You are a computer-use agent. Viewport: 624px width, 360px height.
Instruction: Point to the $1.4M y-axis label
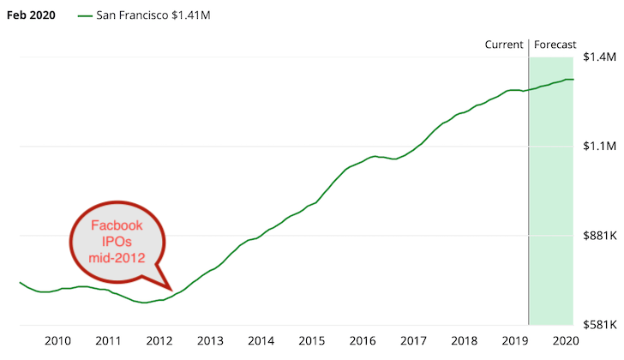click(599, 57)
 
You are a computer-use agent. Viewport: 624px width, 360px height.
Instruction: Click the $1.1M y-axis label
click(599, 147)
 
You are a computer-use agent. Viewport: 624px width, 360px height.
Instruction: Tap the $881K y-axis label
click(598, 236)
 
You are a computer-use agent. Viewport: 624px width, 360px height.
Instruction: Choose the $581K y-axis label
click(598, 325)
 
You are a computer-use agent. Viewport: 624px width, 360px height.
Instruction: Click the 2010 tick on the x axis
click(57, 340)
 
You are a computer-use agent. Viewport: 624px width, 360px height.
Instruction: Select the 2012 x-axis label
click(159, 340)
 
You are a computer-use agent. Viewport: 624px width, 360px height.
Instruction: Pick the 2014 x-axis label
click(261, 340)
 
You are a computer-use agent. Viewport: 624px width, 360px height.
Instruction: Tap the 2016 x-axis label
click(363, 340)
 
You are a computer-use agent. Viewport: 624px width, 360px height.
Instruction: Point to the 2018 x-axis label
click(465, 340)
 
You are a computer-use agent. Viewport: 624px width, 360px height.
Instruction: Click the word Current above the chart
click(504, 45)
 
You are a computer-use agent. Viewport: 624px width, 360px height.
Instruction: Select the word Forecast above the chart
click(555, 45)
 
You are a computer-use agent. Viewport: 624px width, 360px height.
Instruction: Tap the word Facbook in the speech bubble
click(119, 225)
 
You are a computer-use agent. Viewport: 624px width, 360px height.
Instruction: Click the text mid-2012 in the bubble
click(119, 256)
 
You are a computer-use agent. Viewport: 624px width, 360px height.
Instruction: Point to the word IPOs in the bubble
click(119, 241)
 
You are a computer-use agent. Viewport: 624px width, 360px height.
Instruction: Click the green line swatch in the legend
click(84, 16)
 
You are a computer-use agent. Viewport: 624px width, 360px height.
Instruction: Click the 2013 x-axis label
click(211, 340)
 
